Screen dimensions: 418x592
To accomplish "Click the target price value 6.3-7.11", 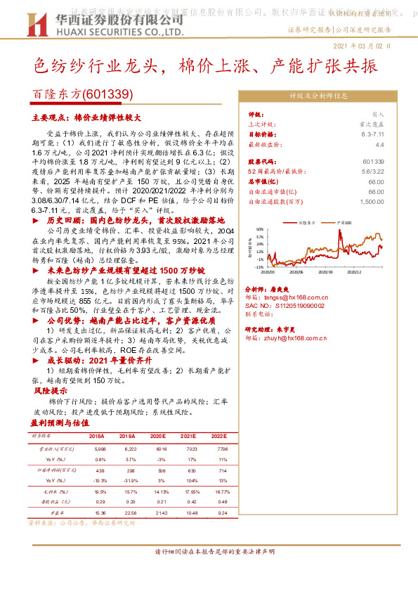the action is click(373, 134).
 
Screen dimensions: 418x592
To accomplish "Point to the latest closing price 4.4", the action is click(380, 143).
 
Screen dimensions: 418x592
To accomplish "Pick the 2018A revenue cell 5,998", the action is click(100, 449).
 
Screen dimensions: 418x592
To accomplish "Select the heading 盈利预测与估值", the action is click(60, 423).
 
